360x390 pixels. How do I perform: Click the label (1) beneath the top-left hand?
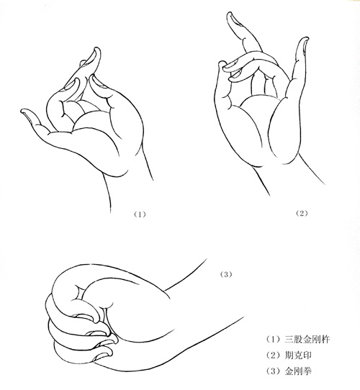(x=140, y=214)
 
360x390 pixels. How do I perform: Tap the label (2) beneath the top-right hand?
(x=302, y=213)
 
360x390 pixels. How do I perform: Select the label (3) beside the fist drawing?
(x=226, y=274)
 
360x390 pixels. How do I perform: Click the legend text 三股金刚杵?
(x=307, y=340)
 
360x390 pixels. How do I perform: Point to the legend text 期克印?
(x=298, y=355)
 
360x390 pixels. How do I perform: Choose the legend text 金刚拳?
(x=298, y=371)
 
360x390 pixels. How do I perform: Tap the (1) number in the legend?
(x=274, y=340)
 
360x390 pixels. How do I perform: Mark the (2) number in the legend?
(x=274, y=355)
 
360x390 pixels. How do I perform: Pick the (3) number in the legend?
(x=274, y=371)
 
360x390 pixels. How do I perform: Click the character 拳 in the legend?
(x=307, y=371)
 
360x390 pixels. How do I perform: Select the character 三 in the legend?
(x=289, y=340)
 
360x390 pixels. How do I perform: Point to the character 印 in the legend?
(x=307, y=355)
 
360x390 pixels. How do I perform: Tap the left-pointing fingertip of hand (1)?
(x=22, y=111)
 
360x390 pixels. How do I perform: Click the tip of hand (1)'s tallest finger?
(x=97, y=48)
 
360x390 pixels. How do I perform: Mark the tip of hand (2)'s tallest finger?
(x=229, y=14)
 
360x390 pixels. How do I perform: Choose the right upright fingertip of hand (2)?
(x=306, y=39)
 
